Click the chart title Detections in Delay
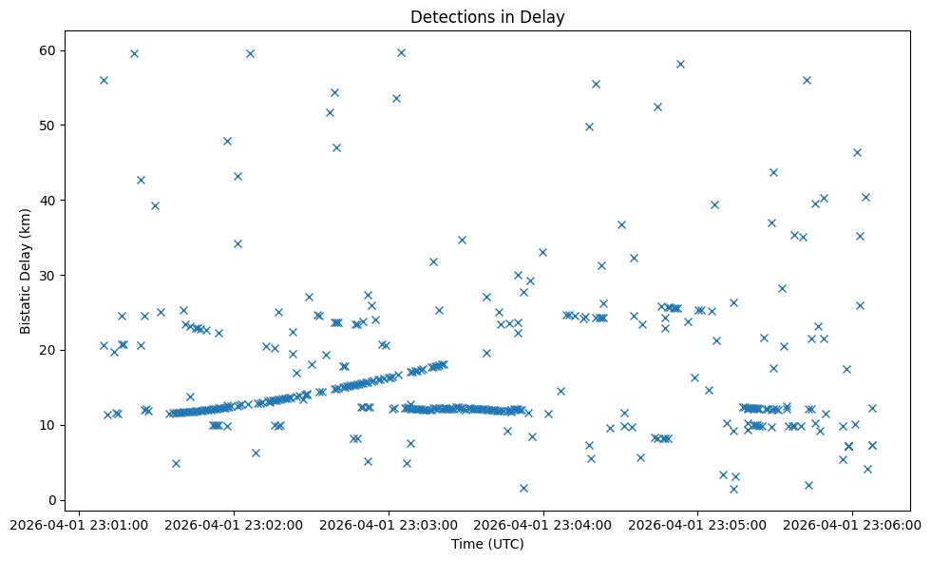coord(486,16)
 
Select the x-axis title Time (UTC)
coord(486,545)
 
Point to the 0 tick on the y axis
coord(53,500)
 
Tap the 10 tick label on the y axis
coord(49,425)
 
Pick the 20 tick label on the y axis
coord(49,350)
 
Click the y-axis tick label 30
coord(49,275)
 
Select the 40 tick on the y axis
coord(49,200)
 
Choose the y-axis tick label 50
coord(49,125)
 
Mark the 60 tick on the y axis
coord(49,50)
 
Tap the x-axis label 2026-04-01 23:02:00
coord(235,524)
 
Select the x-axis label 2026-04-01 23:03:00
coord(389,524)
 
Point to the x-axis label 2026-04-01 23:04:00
coord(543,524)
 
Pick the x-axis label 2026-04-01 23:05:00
coord(698,524)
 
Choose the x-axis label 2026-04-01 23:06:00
coord(852,524)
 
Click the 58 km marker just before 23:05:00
coord(680,64)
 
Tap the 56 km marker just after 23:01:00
coord(104,80)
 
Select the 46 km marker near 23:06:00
coord(857,152)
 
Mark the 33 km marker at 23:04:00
coord(542,252)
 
